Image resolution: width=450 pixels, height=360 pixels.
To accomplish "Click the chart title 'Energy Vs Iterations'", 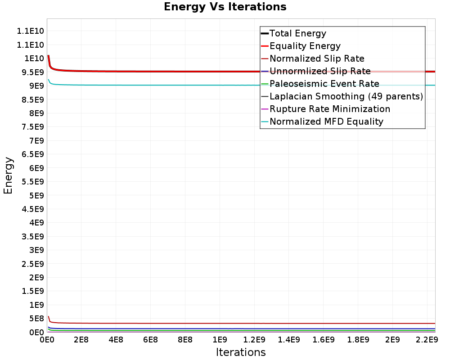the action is [x=225, y=7].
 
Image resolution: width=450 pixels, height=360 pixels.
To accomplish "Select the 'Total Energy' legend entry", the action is [x=293, y=33].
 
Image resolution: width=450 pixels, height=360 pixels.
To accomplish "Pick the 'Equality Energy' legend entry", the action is [x=301, y=46].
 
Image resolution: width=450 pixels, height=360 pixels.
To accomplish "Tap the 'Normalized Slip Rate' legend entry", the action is [x=313, y=58].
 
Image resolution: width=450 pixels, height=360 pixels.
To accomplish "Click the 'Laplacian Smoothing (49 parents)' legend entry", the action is [x=342, y=96].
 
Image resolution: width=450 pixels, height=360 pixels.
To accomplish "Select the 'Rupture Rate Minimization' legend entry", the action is [x=326, y=109].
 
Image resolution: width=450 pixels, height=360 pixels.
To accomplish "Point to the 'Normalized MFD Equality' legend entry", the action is [x=322, y=121].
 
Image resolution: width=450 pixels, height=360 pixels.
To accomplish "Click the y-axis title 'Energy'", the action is [x=8, y=175].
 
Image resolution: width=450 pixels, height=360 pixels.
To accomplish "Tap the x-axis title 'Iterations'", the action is [x=241, y=352].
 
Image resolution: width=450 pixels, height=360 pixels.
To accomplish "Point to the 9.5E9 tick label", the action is [x=33, y=72].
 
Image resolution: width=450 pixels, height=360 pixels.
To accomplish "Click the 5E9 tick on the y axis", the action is [x=36, y=195].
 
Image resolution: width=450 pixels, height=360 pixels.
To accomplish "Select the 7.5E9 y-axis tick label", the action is [x=33, y=127].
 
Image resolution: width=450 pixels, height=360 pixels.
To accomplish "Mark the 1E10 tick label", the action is [x=34, y=58].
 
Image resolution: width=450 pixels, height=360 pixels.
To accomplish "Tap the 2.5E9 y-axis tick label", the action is [x=33, y=264].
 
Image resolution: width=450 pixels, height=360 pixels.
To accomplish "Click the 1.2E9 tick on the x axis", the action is [x=254, y=340].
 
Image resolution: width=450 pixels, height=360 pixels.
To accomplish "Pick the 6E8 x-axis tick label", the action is [x=150, y=340].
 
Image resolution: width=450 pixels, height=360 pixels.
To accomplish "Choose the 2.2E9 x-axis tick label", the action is [x=427, y=340].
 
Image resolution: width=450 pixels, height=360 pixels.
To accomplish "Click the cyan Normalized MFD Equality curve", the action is [x=242, y=85].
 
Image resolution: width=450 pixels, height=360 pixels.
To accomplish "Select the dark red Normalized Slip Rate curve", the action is [x=242, y=324].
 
